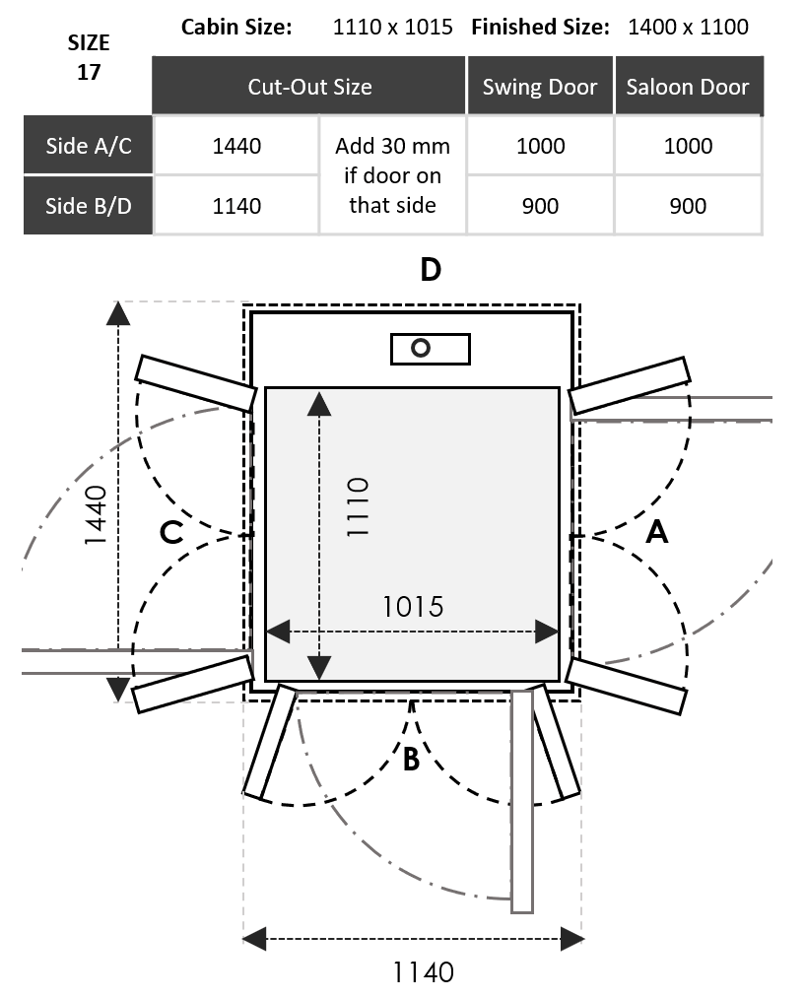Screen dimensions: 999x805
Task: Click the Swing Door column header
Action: pos(540,87)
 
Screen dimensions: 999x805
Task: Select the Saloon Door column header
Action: pos(688,87)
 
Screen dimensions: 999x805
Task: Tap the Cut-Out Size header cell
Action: pos(309,87)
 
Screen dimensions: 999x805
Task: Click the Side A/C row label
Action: pos(89,146)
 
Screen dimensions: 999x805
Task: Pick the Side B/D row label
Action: pos(89,206)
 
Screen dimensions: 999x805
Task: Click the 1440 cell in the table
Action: pos(236,146)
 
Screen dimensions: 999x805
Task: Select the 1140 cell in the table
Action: pos(236,206)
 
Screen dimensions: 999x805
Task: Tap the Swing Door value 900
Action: pos(540,206)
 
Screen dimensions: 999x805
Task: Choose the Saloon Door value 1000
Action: pos(688,146)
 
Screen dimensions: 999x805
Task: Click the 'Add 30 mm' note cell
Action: pos(392,175)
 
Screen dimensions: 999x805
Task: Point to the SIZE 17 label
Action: pos(89,58)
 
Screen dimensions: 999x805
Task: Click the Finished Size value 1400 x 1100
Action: pos(688,27)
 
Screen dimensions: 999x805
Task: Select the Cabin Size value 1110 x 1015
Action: pos(393,27)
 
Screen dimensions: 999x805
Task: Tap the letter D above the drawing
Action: pos(431,270)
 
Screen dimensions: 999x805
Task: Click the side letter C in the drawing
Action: pos(171,533)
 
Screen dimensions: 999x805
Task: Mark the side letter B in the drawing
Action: pos(412,760)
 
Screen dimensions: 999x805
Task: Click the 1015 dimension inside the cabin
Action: pos(413,607)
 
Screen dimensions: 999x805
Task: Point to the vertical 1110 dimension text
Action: pos(356,506)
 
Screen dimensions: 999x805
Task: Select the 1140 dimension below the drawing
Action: pos(424,972)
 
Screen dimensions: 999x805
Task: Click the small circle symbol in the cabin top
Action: pos(422,348)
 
